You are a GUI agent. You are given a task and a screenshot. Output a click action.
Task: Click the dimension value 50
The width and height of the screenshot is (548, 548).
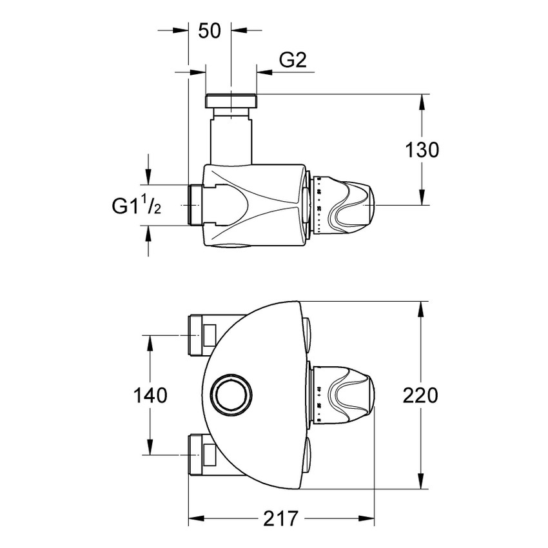(210, 30)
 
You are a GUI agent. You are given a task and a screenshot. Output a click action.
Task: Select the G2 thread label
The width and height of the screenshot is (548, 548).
(292, 61)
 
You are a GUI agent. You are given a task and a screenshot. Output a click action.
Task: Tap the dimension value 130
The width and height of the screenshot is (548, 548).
(422, 150)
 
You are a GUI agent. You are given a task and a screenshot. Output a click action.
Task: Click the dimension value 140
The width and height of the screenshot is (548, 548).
(150, 395)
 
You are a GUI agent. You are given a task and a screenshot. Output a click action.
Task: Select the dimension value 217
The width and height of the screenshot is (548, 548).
(281, 518)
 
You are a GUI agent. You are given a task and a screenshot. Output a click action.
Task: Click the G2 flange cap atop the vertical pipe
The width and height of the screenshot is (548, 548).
(231, 101)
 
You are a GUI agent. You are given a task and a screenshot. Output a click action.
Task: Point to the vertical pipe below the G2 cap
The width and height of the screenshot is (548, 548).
(231, 139)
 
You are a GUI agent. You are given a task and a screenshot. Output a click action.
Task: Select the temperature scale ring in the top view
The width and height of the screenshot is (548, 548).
(318, 205)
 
